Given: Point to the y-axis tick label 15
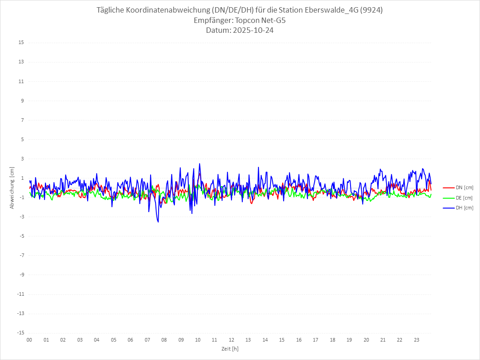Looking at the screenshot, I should click(21, 43).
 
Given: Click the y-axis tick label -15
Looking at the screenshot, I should click(20, 333).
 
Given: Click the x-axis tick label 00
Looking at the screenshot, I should click(29, 340).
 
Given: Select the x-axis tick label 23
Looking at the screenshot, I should click(417, 340).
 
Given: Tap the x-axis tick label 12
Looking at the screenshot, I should click(231, 340).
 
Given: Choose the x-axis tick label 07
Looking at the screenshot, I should click(147, 340).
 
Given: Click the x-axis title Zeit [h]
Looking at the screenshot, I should click(230, 348).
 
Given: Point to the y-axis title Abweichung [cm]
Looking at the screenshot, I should click(12, 188).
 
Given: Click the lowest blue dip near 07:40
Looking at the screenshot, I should click(158, 222).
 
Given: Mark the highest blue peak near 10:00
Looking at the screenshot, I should click(200, 164).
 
